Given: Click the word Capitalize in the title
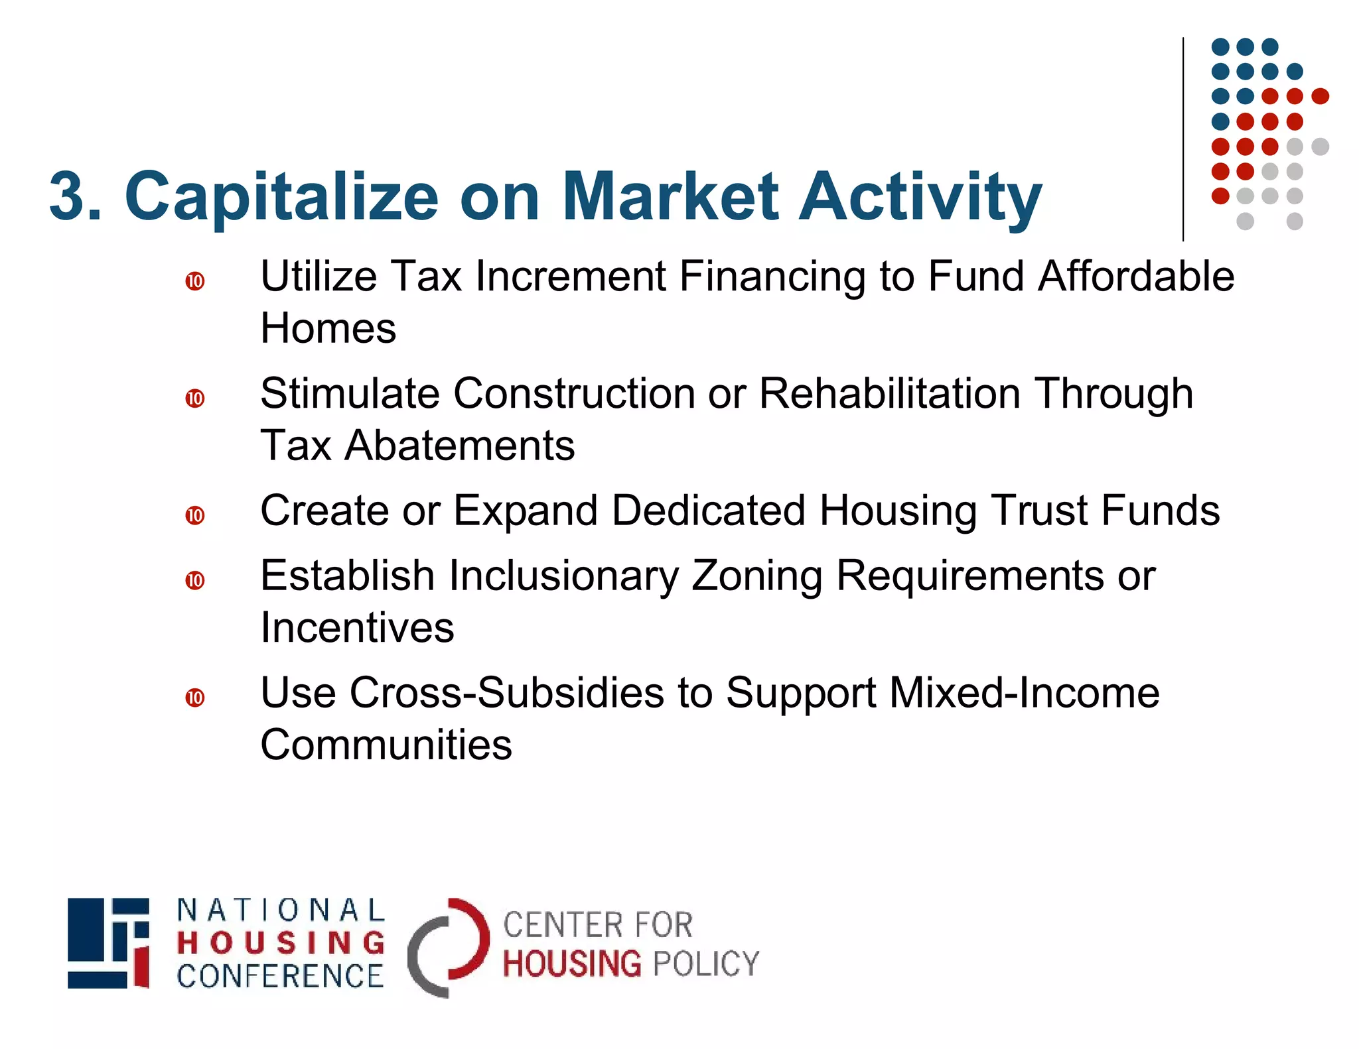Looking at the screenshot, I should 281,196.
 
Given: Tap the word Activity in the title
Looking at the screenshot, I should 920,196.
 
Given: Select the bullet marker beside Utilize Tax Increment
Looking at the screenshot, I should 195,281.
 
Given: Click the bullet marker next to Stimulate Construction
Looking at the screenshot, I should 195,399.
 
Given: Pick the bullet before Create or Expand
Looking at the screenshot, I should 195,515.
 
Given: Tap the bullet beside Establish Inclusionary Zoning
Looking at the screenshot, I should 195,580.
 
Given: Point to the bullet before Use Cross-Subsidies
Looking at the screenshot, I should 195,698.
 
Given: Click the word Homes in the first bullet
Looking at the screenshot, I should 328,328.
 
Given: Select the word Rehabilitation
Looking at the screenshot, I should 889,393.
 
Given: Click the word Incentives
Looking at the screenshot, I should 357,627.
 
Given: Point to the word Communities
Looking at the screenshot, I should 386,745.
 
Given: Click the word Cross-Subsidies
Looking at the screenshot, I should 507,693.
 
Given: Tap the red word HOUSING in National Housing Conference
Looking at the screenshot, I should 281,943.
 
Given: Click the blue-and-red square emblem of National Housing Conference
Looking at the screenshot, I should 108,943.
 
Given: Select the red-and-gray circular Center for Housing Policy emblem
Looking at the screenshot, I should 448,947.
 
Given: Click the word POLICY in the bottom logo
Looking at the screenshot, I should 705,963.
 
